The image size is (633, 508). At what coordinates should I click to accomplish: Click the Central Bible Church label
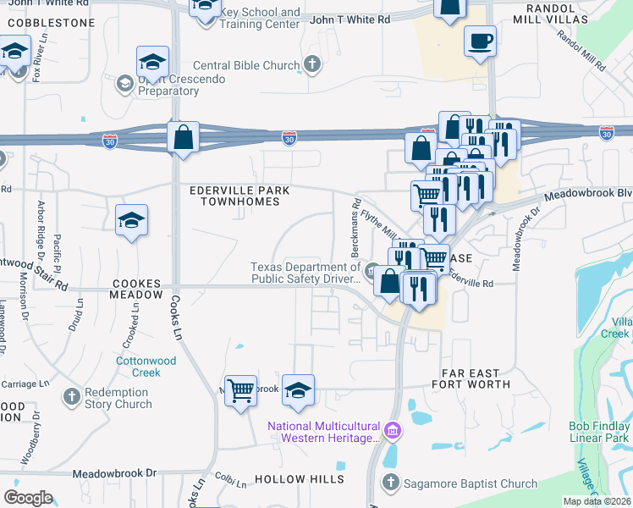click(x=246, y=65)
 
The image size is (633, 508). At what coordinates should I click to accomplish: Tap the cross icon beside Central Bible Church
click(x=312, y=64)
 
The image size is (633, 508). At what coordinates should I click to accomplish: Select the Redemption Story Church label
click(x=118, y=398)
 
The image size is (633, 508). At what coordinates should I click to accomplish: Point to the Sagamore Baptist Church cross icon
click(x=390, y=483)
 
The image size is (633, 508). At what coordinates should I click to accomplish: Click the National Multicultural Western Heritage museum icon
click(x=391, y=431)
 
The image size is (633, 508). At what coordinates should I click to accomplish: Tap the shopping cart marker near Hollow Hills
click(x=241, y=390)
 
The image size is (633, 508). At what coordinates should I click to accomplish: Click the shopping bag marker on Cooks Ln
click(x=183, y=137)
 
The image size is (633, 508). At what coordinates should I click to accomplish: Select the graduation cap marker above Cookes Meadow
click(x=131, y=220)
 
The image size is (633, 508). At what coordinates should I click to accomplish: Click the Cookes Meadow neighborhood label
click(x=135, y=290)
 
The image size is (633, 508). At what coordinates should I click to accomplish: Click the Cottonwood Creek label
click(x=138, y=366)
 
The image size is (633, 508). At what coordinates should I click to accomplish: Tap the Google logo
click(x=28, y=498)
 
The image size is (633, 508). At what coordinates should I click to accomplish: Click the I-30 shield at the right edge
click(x=606, y=132)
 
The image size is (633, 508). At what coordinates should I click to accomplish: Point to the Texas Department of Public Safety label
click(x=305, y=271)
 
